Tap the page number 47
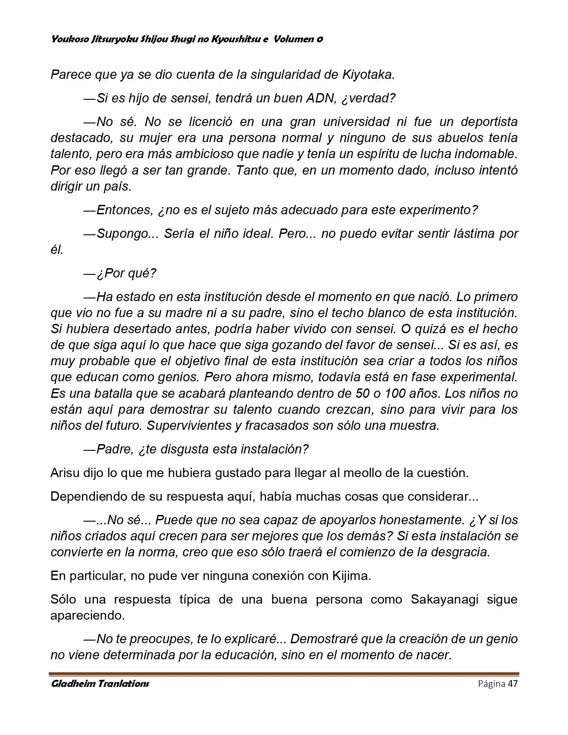513,684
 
